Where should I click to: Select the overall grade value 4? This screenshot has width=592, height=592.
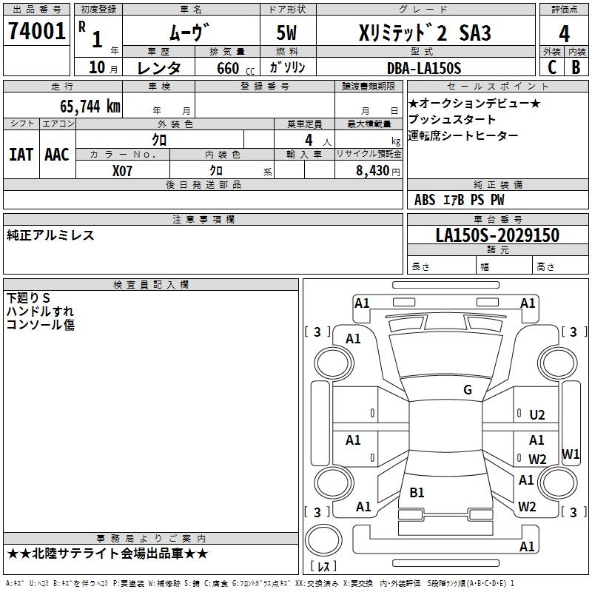pos(564,33)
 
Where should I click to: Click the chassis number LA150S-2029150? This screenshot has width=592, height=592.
pos(497,236)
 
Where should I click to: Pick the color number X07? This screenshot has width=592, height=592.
pos(123,170)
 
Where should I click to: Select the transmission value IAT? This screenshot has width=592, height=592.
pos(21,154)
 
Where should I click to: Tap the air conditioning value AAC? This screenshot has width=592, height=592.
pos(56,154)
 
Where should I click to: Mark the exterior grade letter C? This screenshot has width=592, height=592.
pos(551,67)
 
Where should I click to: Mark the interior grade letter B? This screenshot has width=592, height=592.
pos(576,67)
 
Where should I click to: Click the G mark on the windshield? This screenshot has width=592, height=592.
pos(468,390)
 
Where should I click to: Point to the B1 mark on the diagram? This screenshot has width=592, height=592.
pos(417,492)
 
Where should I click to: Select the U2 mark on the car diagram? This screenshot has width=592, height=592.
pos(537,416)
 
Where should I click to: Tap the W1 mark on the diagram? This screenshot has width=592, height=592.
pos(571,454)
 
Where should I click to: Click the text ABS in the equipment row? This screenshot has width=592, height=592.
pos(425,200)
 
